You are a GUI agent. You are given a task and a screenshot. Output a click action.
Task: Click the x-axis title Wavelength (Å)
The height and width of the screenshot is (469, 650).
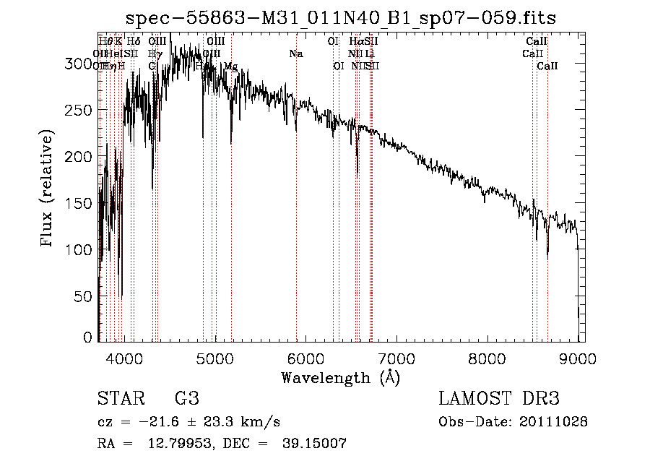tap(340, 377)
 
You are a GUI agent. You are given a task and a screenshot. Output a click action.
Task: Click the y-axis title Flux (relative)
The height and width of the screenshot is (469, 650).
tap(48, 189)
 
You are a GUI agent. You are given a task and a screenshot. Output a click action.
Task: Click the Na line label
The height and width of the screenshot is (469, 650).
tap(295, 53)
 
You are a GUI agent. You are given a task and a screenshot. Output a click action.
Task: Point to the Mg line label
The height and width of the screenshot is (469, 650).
tap(230, 66)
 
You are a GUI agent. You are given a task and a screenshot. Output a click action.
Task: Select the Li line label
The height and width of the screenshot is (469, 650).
tap(370, 53)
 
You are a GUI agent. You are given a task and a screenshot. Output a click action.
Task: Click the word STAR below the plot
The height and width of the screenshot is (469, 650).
tap(119, 398)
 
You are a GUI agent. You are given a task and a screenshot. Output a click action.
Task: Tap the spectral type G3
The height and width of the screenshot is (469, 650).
tap(186, 398)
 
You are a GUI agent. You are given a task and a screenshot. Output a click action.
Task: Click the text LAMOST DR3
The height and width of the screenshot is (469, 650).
tap(498, 398)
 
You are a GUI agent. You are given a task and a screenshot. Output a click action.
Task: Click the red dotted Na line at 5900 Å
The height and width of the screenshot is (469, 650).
tap(296, 217)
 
